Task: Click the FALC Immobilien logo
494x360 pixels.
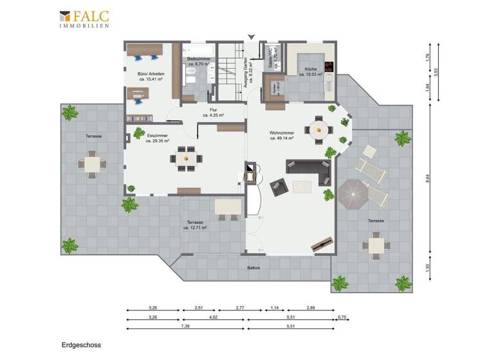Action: pyautogui.click(x=84, y=19)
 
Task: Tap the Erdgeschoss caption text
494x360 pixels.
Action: pyautogui.click(x=81, y=345)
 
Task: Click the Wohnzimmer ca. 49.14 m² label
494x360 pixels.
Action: pyautogui.click(x=282, y=136)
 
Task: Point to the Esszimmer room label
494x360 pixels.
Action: pyautogui.click(x=158, y=138)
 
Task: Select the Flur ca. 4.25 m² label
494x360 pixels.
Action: pyautogui.click(x=213, y=113)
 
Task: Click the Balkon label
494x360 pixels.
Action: pyautogui.click(x=253, y=267)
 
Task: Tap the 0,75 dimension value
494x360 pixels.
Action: pyautogui.click(x=342, y=317)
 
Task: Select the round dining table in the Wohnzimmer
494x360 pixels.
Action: pyautogui.click(x=320, y=130)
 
